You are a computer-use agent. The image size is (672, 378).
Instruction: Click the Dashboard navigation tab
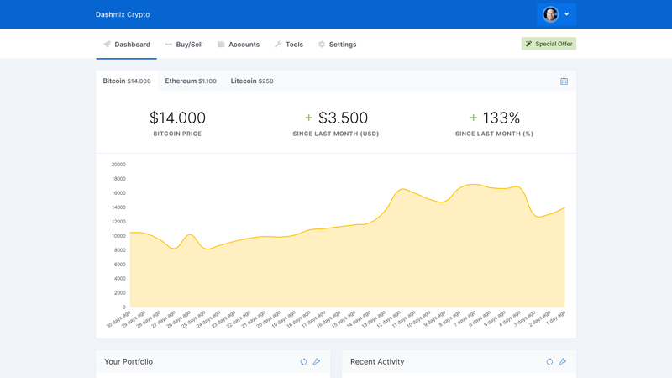pos(127,45)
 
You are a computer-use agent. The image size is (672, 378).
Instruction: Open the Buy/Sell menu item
pos(184,45)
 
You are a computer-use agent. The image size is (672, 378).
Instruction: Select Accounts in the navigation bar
pos(239,45)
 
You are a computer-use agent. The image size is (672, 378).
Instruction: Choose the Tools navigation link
pos(289,45)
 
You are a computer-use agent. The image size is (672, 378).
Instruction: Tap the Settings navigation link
pos(337,45)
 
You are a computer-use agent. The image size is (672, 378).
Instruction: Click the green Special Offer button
pos(549,44)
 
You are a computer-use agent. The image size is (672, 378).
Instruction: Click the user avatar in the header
pos(551,14)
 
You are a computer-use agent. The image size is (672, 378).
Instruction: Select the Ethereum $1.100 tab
pos(191,81)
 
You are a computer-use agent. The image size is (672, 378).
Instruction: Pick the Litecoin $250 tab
pos(252,81)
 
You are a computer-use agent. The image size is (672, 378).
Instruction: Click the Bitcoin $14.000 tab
pos(127,81)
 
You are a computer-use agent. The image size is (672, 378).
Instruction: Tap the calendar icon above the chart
pos(564,81)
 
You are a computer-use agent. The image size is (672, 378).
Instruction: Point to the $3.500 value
pos(343,118)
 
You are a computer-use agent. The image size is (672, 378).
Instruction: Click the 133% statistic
pos(501,118)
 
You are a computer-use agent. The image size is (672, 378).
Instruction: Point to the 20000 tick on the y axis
pos(118,165)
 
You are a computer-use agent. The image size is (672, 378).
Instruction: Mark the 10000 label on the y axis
pos(118,236)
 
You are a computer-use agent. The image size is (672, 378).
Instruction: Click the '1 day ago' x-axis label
pos(556,318)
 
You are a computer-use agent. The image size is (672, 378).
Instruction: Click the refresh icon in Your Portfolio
pos(303,362)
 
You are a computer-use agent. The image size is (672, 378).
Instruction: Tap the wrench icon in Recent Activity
pos(563,362)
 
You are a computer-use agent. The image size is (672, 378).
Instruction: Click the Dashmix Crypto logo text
pos(123,14)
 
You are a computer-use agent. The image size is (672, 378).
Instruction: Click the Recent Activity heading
pos(377,362)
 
